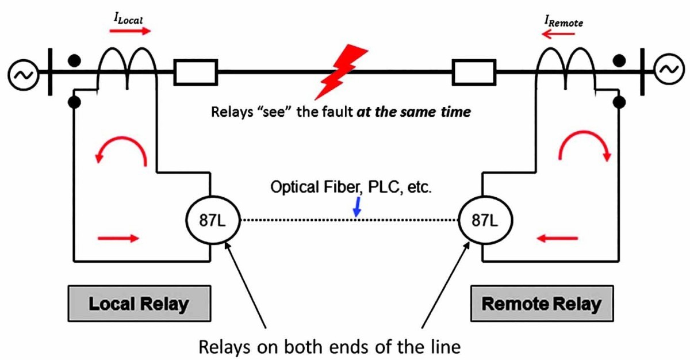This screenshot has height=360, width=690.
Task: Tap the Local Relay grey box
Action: [139, 303]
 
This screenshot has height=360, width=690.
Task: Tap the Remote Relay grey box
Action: [541, 303]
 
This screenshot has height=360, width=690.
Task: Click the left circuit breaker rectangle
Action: [195, 73]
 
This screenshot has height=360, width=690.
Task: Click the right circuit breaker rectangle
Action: [474, 73]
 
